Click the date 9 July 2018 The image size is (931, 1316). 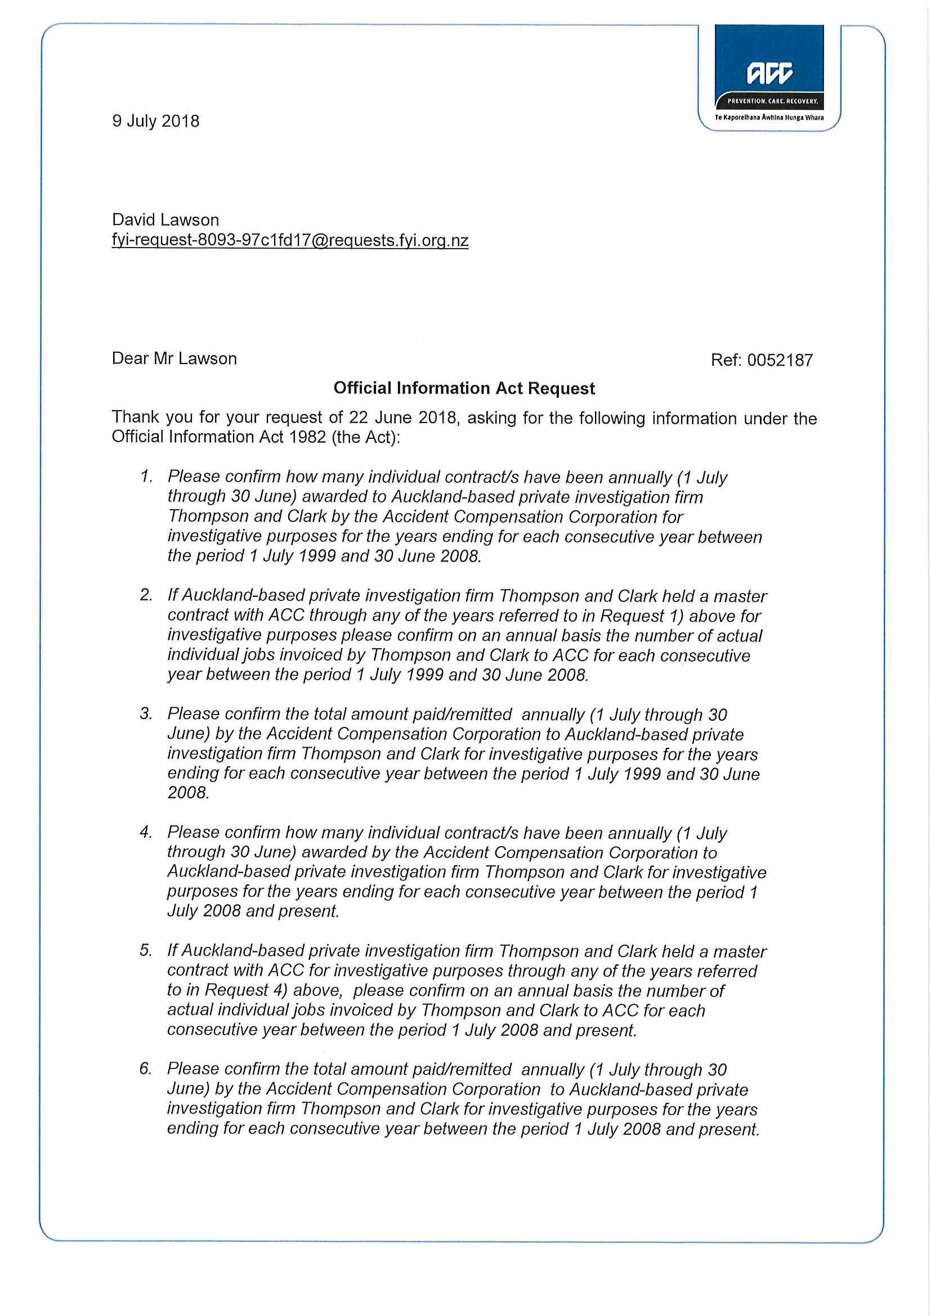click(x=156, y=122)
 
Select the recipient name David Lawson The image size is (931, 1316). click(x=165, y=220)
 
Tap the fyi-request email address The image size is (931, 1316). click(x=290, y=240)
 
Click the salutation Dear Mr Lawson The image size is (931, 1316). click(x=174, y=359)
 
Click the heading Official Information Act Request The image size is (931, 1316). click(x=464, y=389)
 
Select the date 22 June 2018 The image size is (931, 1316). click(x=406, y=418)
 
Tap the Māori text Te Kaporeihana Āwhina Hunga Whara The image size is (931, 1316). click(x=769, y=118)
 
